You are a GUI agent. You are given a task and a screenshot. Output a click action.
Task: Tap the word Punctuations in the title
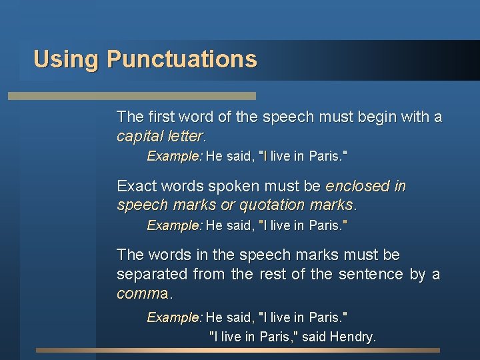(181, 59)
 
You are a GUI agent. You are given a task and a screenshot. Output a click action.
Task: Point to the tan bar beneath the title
(131, 96)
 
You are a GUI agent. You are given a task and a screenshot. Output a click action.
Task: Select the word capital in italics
(138, 137)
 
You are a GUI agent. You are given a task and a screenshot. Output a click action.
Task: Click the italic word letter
(184, 137)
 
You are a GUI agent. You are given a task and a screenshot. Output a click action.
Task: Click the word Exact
(136, 186)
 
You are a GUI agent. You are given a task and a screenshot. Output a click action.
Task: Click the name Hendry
(354, 337)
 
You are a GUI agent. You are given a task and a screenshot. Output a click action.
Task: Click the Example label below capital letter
(174, 157)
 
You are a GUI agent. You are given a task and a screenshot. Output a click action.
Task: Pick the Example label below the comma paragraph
(174, 317)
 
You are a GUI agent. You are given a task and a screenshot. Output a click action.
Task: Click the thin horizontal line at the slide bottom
(238, 350)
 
